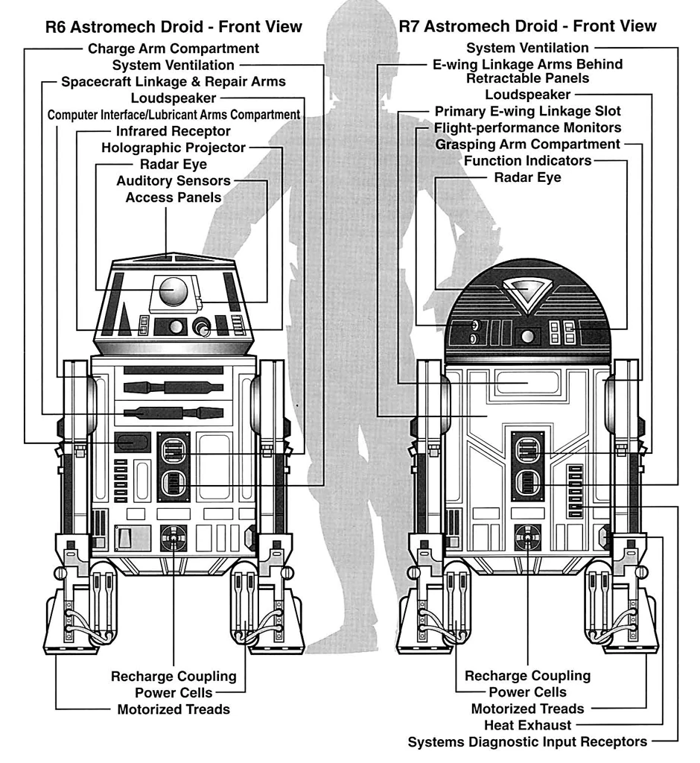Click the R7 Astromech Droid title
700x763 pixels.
pos(527,26)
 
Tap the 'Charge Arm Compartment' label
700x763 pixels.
pos(174,49)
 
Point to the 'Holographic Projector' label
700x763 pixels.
pos(174,148)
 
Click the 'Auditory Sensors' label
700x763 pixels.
pos(174,181)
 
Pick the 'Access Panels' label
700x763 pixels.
pos(174,197)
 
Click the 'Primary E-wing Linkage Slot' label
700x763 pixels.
pos(528,111)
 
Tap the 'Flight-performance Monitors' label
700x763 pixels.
pos(528,127)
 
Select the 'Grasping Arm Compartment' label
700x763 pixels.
pos(528,144)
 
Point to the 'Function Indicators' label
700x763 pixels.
pos(528,161)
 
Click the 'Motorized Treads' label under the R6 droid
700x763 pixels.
pos(174,709)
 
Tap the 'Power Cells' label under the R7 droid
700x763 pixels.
pos(528,692)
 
